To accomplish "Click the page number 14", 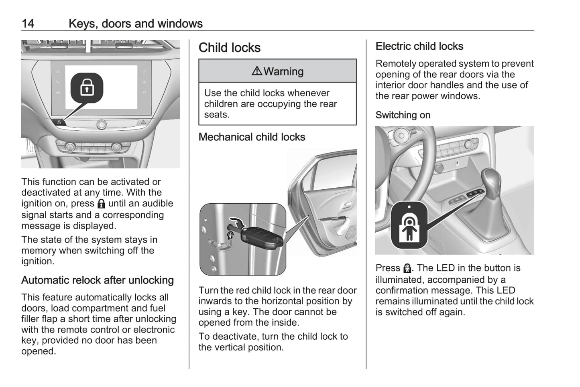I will pyautogui.click(x=28, y=24).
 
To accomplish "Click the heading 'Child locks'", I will pyautogui.click(x=229, y=48).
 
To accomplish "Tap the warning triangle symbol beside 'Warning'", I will pyautogui.click(x=256, y=71).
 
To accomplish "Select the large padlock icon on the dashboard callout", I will pyautogui.click(x=87, y=87).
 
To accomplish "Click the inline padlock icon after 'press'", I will pyautogui.click(x=101, y=204).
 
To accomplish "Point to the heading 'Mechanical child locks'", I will pyautogui.click(x=252, y=137).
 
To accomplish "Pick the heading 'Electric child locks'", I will pyautogui.click(x=419, y=47).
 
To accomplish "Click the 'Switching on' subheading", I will pyautogui.click(x=403, y=115).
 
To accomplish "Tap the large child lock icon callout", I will pyautogui.click(x=409, y=225).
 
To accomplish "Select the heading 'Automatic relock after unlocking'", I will pyautogui.click(x=98, y=280).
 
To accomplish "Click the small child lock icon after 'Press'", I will pyautogui.click(x=407, y=268).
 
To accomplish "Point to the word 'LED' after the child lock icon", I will pyautogui.click(x=445, y=268).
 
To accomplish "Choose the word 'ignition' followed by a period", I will pyautogui.click(x=37, y=261).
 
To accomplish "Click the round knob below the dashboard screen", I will pyautogui.click(x=102, y=124).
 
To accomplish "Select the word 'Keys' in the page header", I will pyautogui.click(x=81, y=24).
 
